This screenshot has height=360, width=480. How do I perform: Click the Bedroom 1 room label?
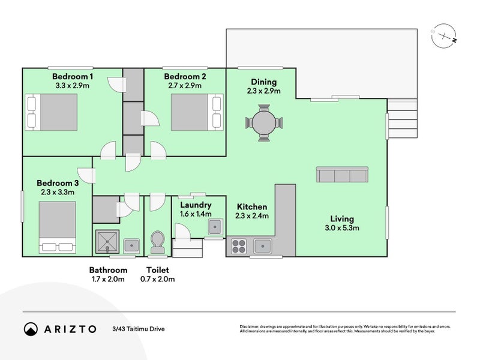pos(72,76)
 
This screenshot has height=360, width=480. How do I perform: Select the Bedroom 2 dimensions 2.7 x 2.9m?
pos(185,86)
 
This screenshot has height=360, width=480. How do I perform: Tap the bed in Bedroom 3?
pos(58,227)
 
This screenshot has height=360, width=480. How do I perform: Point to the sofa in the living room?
pos(342,175)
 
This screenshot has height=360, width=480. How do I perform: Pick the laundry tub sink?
pos(215,227)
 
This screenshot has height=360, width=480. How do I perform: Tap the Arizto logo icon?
pos(31,329)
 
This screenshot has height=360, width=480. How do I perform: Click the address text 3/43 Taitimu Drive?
pos(138,329)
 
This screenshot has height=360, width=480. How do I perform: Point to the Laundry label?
pos(196,205)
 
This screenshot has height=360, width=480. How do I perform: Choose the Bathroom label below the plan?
pos(108,270)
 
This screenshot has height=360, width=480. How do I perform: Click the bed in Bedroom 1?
pos(52,112)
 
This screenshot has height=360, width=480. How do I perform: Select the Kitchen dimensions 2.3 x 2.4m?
pos(252,216)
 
